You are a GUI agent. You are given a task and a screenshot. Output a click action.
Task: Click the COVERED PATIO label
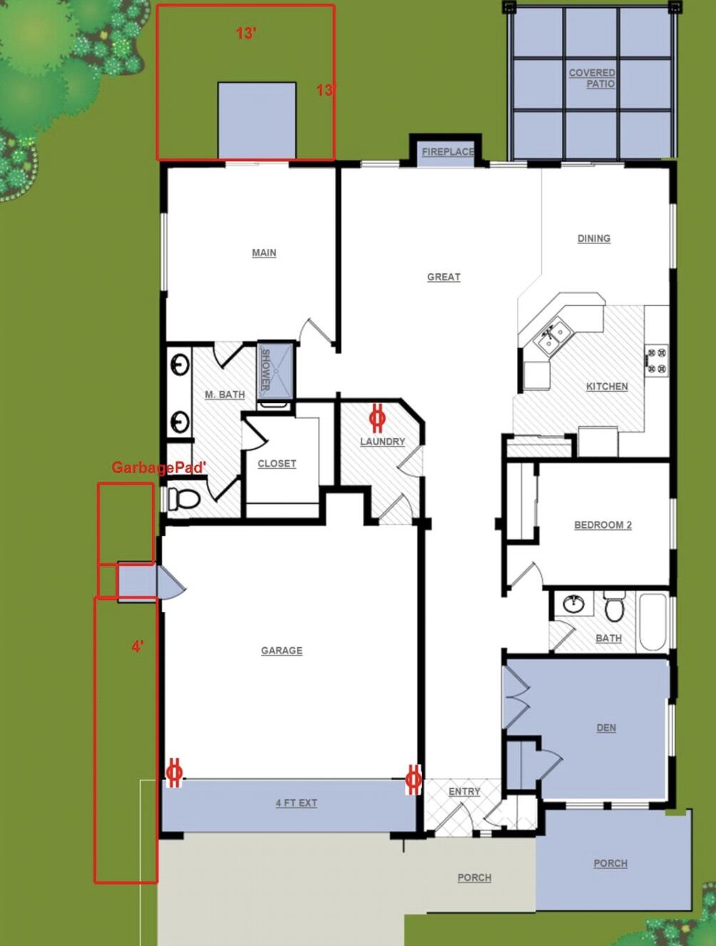click(x=592, y=78)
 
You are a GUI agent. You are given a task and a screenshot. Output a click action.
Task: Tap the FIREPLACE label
click(x=447, y=151)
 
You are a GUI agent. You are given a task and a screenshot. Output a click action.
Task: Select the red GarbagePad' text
click(x=159, y=467)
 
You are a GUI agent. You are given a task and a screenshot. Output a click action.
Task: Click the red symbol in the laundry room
click(x=377, y=417)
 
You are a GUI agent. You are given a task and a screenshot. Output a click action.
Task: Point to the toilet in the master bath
click(x=184, y=498)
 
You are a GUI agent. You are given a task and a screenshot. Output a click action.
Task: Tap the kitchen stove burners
click(x=656, y=360)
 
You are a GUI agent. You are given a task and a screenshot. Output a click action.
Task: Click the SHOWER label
click(x=265, y=369)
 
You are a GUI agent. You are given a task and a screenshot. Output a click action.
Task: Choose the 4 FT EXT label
click(x=296, y=803)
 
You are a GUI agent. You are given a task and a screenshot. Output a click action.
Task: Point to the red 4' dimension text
click(x=138, y=646)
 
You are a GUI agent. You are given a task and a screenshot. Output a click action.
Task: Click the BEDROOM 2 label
click(x=603, y=525)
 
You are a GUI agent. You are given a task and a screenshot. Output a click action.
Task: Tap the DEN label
click(x=605, y=728)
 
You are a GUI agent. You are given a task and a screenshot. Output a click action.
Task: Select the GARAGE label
click(x=281, y=651)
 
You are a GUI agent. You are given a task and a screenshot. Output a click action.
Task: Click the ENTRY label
click(x=464, y=791)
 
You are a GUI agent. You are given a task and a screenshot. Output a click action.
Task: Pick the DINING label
click(x=593, y=238)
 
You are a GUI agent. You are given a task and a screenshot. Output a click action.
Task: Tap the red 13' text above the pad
click(x=246, y=33)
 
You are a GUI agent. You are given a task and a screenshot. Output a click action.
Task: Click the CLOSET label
click(x=277, y=464)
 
